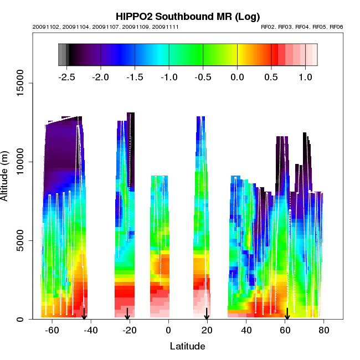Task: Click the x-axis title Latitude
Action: [x=187, y=346]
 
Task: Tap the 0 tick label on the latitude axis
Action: [x=168, y=330]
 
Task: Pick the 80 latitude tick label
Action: [x=324, y=330]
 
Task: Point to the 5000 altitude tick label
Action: [x=20, y=240]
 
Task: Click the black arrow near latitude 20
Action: [x=207, y=314]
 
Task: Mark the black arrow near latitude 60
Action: [x=287, y=314]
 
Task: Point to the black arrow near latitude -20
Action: [x=127, y=314]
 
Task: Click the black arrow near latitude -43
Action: [x=84, y=314]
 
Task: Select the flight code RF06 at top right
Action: [x=336, y=27]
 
